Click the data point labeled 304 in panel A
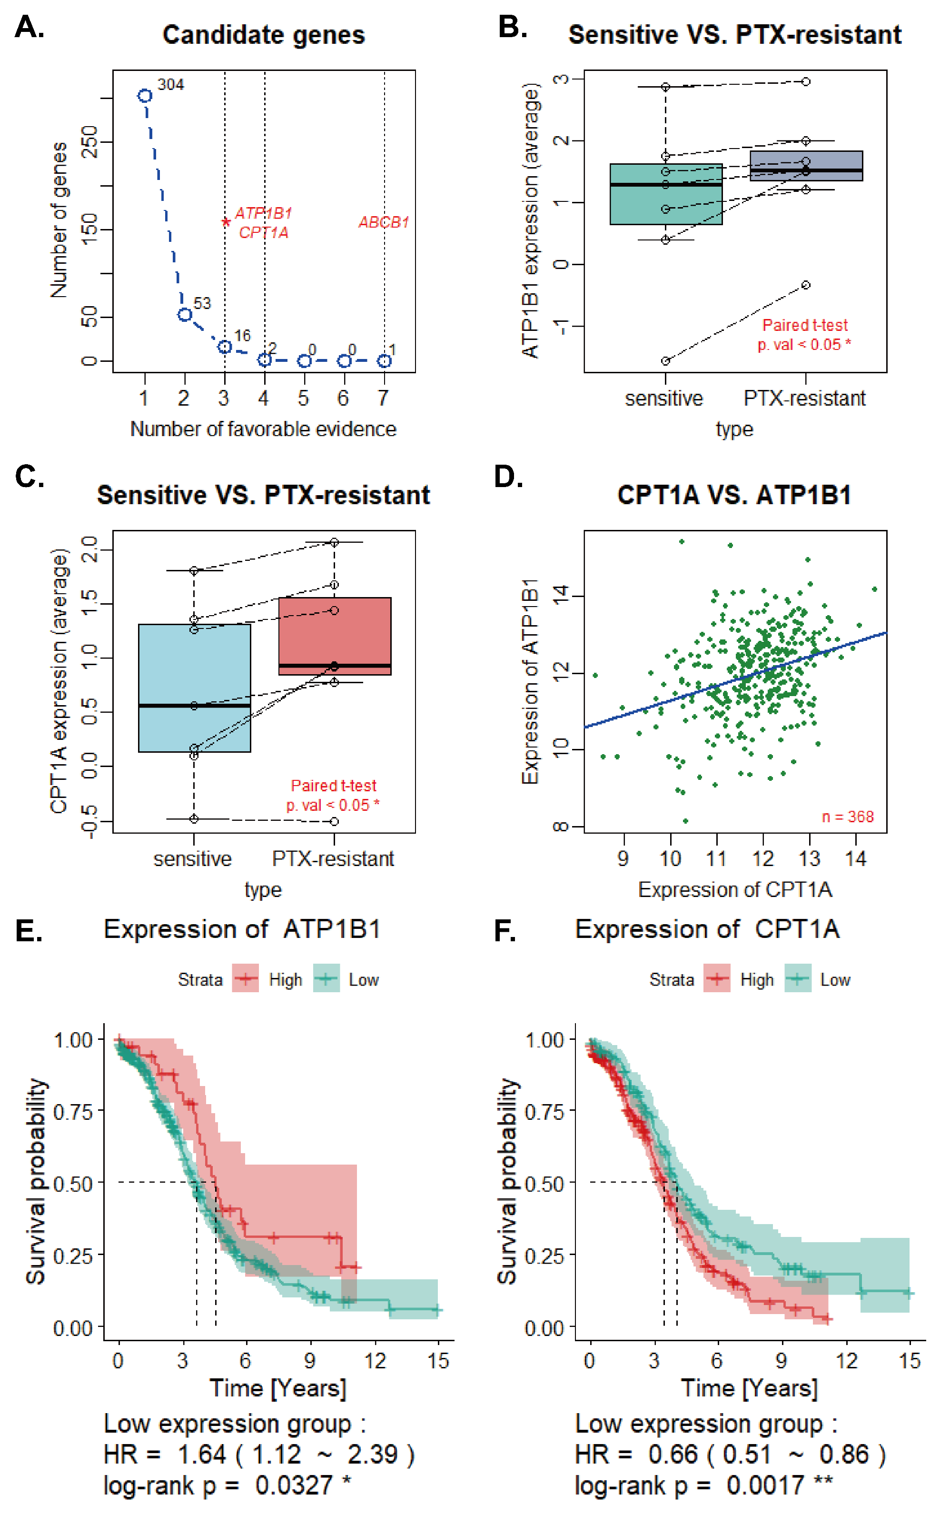coord(145,96)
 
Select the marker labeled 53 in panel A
coord(185,315)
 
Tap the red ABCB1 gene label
coord(384,222)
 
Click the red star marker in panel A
coord(226,222)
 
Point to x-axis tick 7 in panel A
coord(384,398)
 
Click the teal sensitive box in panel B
coord(665,194)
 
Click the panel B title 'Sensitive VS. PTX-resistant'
coord(734,35)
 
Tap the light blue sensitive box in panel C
coord(194,688)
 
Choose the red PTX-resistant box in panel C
coord(335,636)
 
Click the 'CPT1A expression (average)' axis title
coord(59,681)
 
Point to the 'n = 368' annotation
coord(847,817)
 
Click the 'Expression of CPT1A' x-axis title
coord(734,889)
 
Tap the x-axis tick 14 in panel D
coord(855,859)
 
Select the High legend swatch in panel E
coord(246,979)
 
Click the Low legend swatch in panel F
coord(798,979)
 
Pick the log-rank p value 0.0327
coord(294,1485)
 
